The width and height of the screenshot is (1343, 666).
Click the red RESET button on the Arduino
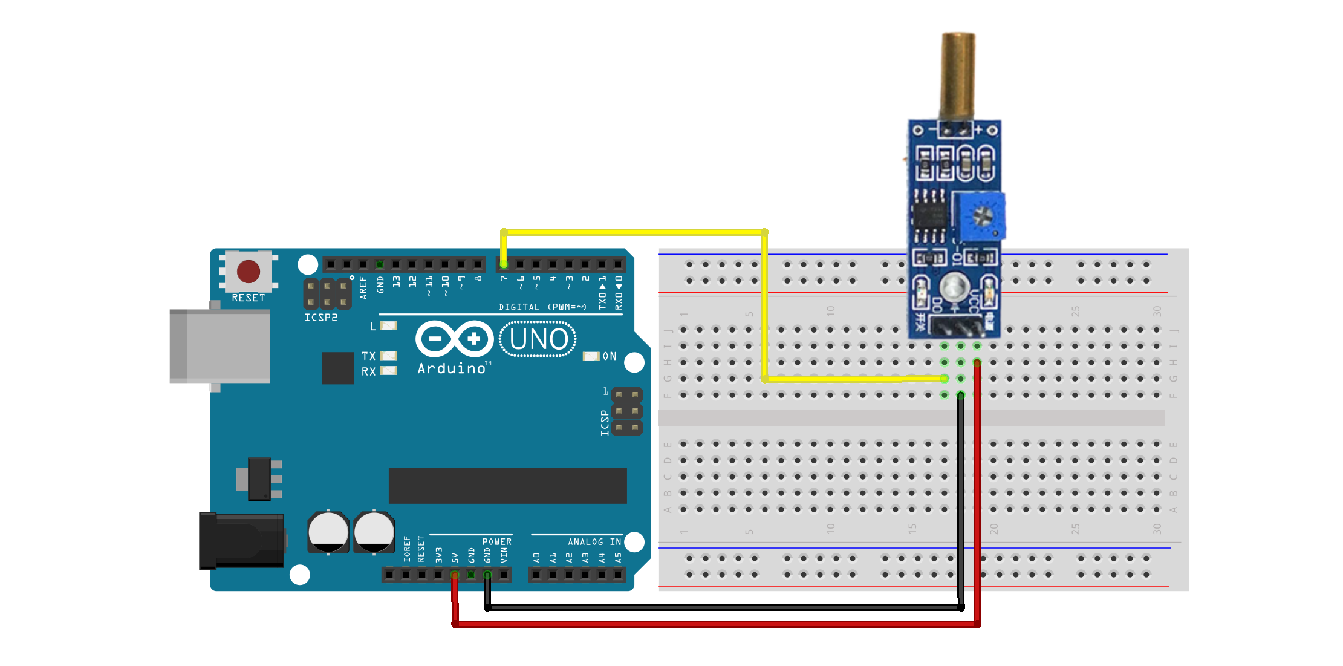pyautogui.click(x=249, y=272)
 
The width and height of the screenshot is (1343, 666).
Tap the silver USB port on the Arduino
pyautogui.click(x=220, y=346)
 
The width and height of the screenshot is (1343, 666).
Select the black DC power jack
pyautogui.click(x=242, y=540)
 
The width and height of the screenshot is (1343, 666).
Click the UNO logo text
pyautogui.click(x=538, y=339)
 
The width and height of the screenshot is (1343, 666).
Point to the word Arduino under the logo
pyautogui.click(x=452, y=368)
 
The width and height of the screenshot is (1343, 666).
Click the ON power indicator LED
pyautogui.click(x=591, y=356)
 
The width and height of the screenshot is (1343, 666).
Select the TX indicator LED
pyautogui.click(x=388, y=356)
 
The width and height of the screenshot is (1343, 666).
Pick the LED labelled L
pyautogui.click(x=389, y=326)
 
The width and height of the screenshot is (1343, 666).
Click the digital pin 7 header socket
pyautogui.click(x=504, y=264)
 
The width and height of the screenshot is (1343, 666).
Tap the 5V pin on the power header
pyautogui.click(x=455, y=574)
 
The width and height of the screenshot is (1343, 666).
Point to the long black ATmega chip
pyautogui.click(x=507, y=485)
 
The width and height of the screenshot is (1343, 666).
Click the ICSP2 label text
pyautogui.click(x=320, y=318)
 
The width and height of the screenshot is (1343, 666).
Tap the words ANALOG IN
pyautogui.click(x=594, y=542)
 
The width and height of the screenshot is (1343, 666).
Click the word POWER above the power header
pyautogui.click(x=496, y=542)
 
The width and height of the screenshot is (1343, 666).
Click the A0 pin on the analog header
pyautogui.click(x=536, y=574)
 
